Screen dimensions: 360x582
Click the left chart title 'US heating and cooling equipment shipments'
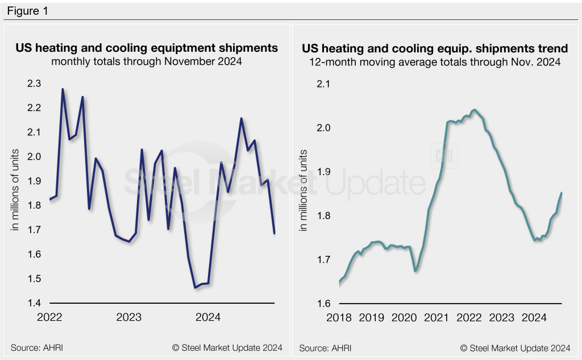point(147,48)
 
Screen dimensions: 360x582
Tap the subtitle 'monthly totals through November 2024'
point(147,61)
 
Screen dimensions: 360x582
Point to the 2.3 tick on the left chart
point(34,84)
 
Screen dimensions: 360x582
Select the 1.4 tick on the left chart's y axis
point(34,303)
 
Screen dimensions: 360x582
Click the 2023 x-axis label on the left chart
point(129,317)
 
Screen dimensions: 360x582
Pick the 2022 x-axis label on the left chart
point(50,317)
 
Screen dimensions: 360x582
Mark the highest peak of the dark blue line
point(63,89)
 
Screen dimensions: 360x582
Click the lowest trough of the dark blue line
point(196,288)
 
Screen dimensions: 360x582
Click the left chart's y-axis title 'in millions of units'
point(16,189)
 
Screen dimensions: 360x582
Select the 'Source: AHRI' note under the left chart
point(34,347)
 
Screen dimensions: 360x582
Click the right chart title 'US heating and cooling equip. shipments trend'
point(435,48)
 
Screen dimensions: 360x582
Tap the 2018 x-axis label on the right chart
point(339,317)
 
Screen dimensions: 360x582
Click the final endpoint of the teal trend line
point(562,193)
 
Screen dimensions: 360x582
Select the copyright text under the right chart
point(515,347)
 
